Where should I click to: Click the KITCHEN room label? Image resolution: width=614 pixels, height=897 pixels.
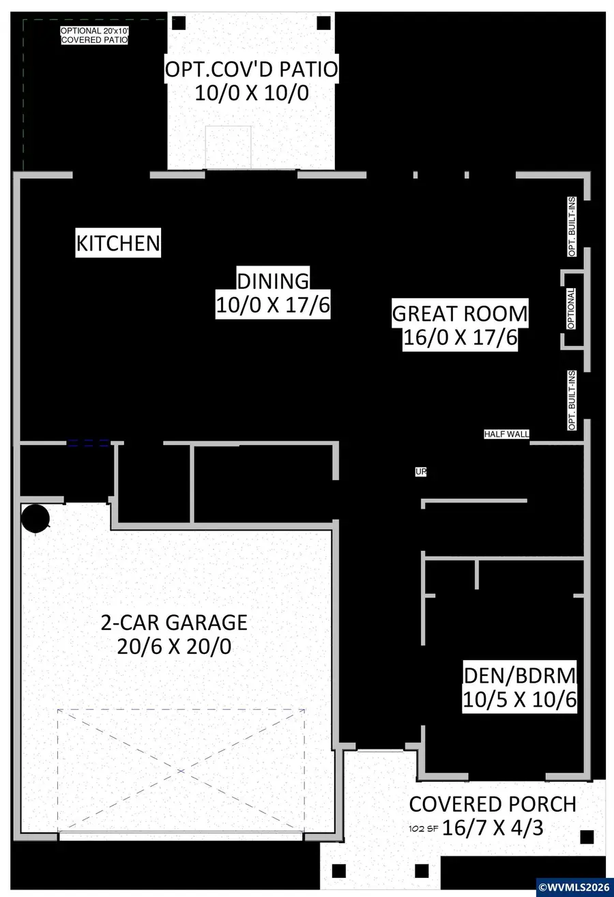click(x=118, y=243)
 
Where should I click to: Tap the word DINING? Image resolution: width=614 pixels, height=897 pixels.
click(x=273, y=281)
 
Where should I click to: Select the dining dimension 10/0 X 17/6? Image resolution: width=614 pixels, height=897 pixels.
click(x=273, y=305)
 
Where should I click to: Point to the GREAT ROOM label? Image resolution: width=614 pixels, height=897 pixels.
click(x=460, y=314)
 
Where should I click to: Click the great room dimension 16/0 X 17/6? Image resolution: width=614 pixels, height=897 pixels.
click(x=460, y=339)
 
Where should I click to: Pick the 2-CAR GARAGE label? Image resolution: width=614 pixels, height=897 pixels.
click(x=174, y=623)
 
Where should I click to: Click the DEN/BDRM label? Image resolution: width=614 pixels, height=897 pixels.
click(x=520, y=675)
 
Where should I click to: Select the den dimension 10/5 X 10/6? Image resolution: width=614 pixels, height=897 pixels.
click(x=520, y=700)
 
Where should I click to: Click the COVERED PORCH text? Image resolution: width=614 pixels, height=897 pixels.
click(x=493, y=804)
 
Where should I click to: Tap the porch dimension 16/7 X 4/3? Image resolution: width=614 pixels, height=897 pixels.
click(x=493, y=828)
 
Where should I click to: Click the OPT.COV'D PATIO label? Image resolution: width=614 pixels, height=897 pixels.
click(x=252, y=69)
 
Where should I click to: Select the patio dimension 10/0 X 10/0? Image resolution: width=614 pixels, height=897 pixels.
click(x=252, y=93)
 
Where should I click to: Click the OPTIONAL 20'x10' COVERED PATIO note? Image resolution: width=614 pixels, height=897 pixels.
click(x=94, y=35)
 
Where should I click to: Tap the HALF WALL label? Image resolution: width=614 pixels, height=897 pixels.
click(x=507, y=434)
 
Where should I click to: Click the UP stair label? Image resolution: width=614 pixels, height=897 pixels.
click(x=421, y=472)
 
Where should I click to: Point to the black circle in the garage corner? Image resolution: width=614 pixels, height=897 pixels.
click(x=35, y=518)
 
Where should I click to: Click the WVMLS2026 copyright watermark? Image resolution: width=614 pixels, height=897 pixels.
click(x=574, y=887)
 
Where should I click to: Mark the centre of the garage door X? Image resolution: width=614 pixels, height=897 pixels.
click(x=181, y=771)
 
